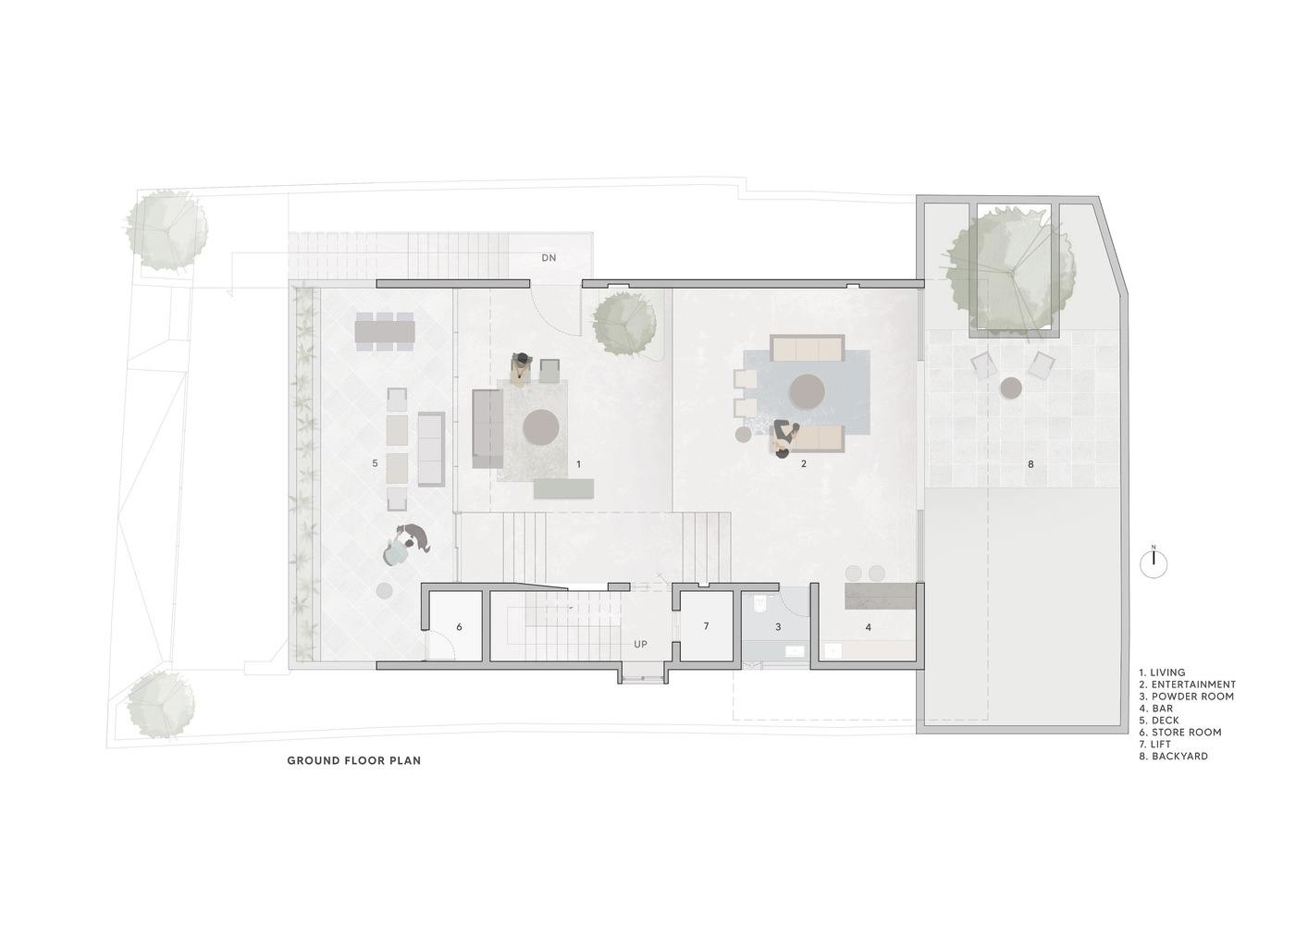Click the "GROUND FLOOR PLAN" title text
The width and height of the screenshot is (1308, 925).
pyautogui.click(x=354, y=761)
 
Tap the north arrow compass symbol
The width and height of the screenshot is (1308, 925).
pyautogui.click(x=1154, y=563)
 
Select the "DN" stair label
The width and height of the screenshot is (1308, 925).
pyautogui.click(x=549, y=257)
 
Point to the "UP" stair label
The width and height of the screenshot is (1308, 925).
pyautogui.click(x=640, y=644)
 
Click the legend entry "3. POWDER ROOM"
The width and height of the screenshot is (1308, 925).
pyautogui.click(x=1186, y=697)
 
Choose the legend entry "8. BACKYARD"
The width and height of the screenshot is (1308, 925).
pyautogui.click(x=1173, y=757)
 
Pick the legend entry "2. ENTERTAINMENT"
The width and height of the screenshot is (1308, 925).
pyautogui.click(x=1187, y=684)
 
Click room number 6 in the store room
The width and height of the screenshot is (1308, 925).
pyautogui.click(x=459, y=627)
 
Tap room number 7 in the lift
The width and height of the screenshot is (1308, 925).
pyautogui.click(x=706, y=626)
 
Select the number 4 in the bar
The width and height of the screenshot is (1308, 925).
pyautogui.click(x=869, y=627)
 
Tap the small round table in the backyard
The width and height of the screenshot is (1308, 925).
pyautogui.click(x=1010, y=388)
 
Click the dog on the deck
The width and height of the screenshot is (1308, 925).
pyautogui.click(x=415, y=535)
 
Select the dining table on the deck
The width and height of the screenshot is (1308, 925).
pyautogui.click(x=385, y=331)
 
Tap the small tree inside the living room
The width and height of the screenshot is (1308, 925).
pyautogui.click(x=624, y=323)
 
